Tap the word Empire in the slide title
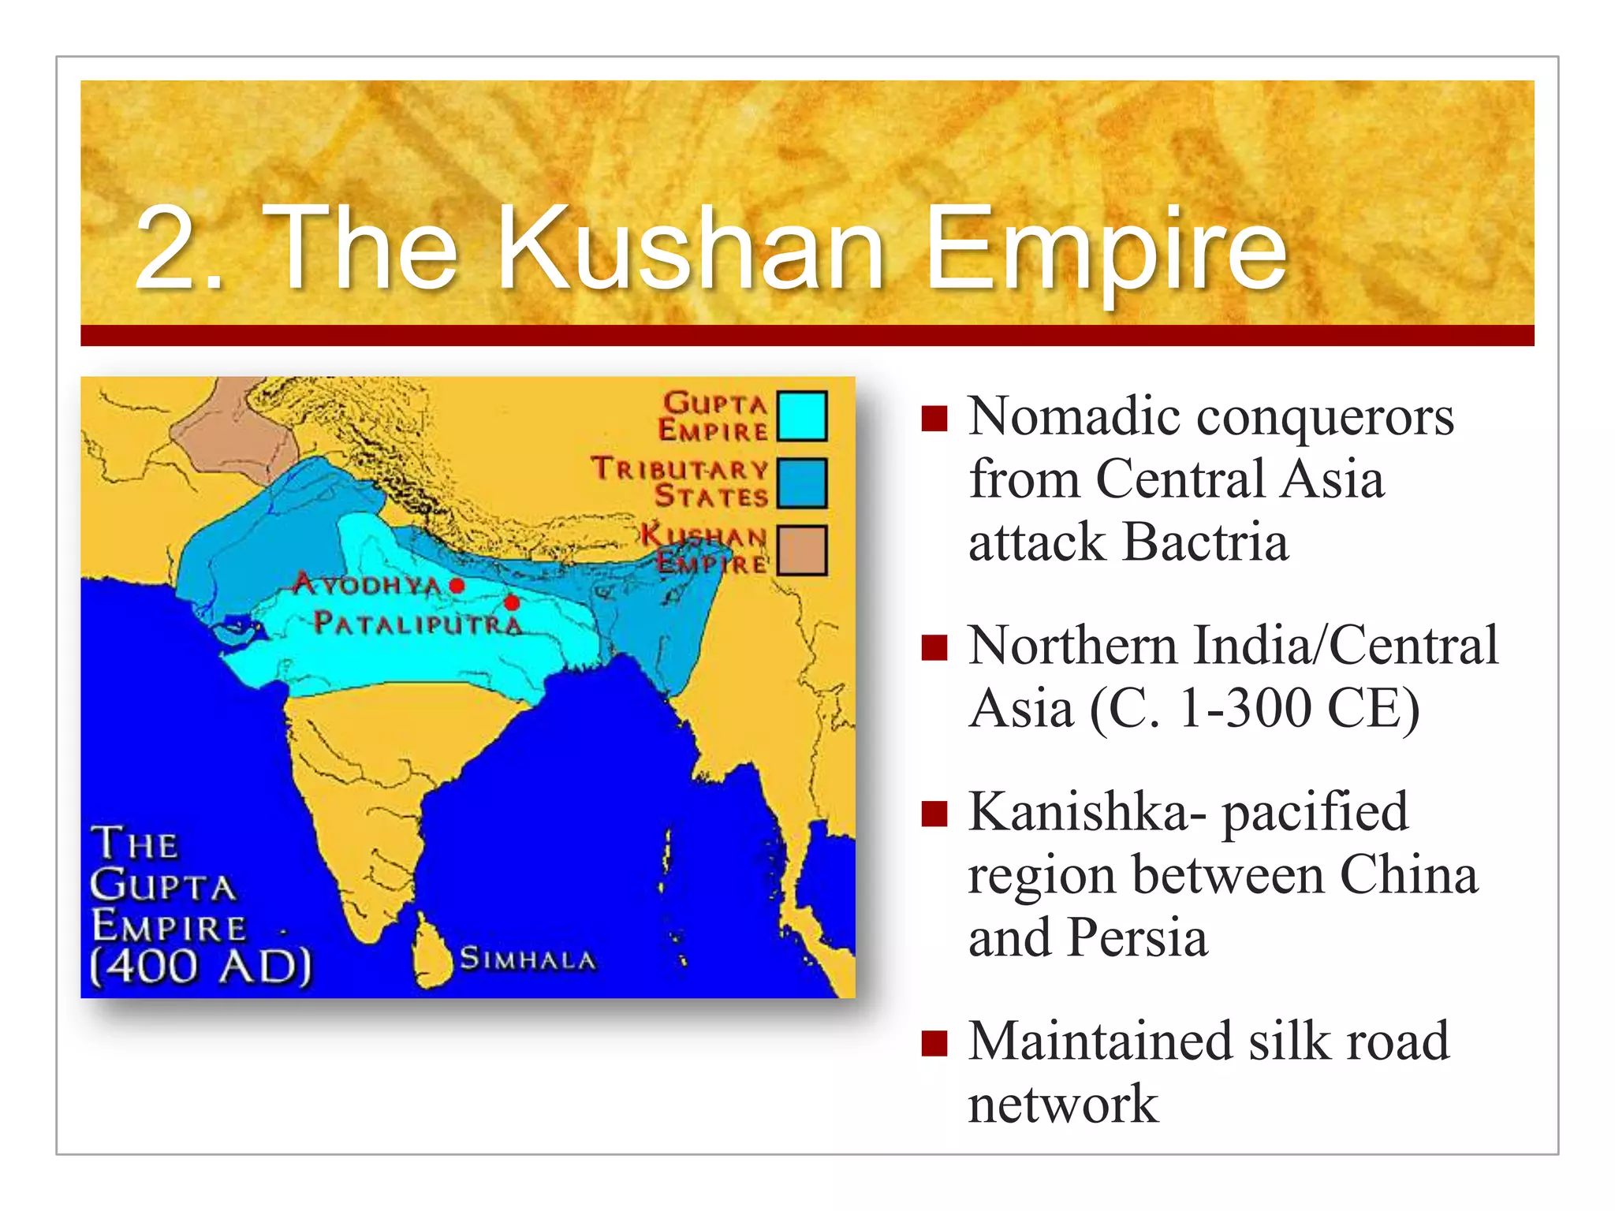coord(1106,251)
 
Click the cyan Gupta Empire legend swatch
coord(801,415)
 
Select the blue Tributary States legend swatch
coord(801,483)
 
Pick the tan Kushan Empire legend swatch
coord(801,550)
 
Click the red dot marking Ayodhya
coord(457,586)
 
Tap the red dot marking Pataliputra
coord(512,603)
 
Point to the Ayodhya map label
coord(367,584)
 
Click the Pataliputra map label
coord(418,624)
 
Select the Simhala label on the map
coord(528,959)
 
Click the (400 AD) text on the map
coord(201,966)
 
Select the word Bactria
coord(1207,542)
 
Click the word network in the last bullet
coord(1063,1104)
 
